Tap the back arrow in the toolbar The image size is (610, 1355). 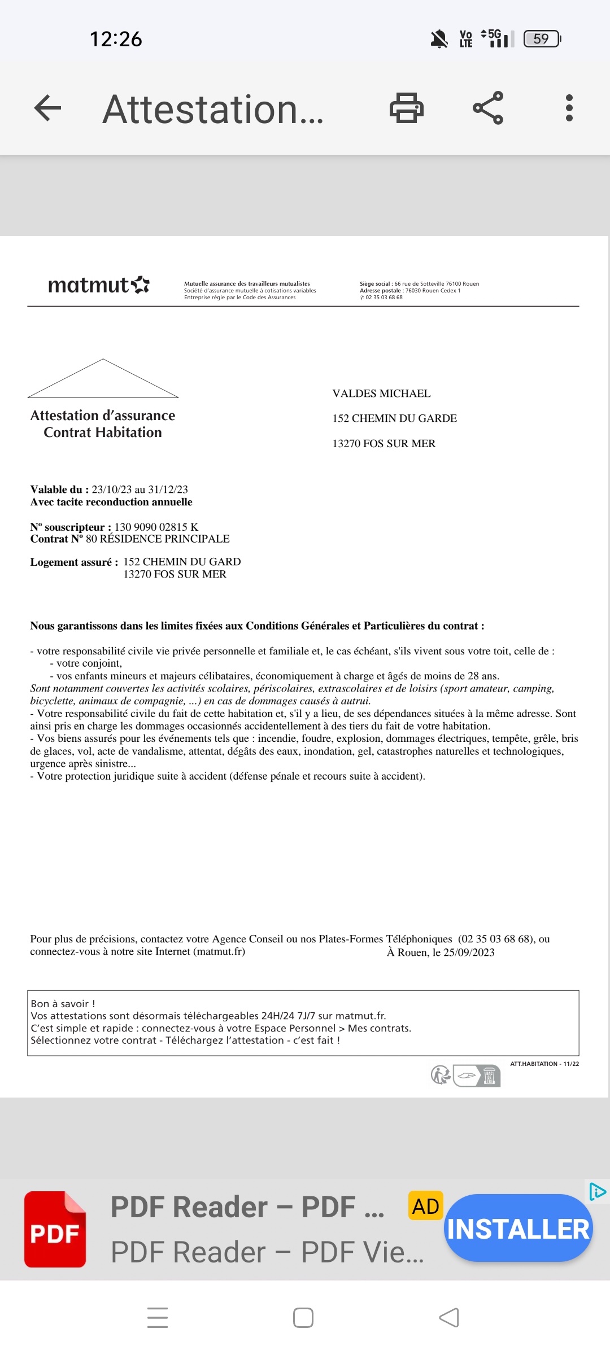47,108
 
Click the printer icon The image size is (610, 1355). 406,108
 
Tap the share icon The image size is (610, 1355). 488,108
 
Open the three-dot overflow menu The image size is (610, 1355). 569,108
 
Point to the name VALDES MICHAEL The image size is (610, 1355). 381,394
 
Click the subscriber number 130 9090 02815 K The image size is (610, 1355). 156,527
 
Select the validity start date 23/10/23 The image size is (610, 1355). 112,489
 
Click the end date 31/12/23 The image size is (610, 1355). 168,489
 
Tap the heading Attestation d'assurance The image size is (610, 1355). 103,416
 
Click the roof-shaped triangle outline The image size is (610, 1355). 103,379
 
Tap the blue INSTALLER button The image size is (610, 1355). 518,1229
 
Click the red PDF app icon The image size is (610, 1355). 55,1229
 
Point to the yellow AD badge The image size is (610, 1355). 425,1207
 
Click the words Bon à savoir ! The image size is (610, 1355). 63,1003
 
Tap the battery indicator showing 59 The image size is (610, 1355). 542,38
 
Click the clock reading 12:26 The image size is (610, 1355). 116,39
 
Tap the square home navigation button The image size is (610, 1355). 303,1318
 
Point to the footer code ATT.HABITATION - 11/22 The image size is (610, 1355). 544,1064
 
